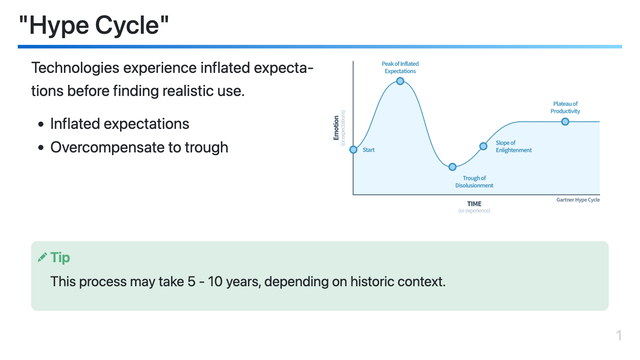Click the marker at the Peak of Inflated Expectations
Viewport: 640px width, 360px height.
[400, 81]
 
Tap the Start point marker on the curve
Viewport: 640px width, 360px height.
[353, 150]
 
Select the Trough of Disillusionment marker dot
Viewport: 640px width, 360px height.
[452, 167]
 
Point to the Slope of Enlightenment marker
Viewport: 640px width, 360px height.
[483, 146]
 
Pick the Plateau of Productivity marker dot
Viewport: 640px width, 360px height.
[565, 122]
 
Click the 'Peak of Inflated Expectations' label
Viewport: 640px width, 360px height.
[400, 68]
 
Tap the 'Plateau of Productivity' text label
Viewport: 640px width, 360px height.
[565, 108]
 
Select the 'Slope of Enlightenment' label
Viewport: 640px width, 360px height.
[514, 146]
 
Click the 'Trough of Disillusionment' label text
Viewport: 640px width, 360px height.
[474, 182]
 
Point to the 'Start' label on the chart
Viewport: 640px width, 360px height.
[368, 150]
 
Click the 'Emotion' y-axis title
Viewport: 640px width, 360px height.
[336, 128]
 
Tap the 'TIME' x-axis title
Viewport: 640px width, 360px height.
[474, 204]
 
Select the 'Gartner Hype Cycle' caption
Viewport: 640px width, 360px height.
[578, 200]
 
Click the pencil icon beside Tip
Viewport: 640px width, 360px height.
[42, 257]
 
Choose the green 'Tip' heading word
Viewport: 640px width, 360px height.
[60, 258]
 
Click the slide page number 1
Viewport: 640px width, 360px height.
[619, 336]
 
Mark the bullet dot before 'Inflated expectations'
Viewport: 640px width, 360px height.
[41, 124]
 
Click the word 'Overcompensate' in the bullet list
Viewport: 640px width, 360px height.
[107, 148]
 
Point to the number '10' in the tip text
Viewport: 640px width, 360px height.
[215, 281]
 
